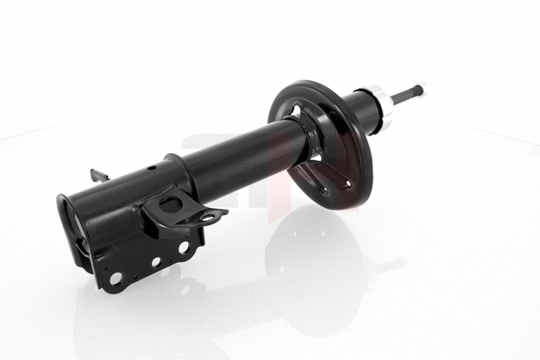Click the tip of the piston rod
420,89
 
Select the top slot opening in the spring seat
296,112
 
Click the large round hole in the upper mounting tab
171,204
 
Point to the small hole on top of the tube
152,167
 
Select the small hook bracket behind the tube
98,175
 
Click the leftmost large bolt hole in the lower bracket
115,278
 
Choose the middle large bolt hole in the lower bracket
155,262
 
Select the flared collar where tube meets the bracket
174,171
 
